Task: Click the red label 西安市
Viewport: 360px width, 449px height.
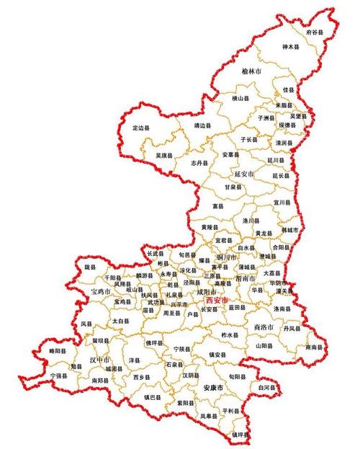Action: coord(216,300)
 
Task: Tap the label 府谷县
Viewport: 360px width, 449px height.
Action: coord(315,32)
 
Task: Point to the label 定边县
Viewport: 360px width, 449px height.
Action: coord(142,128)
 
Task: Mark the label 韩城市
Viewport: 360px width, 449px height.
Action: coord(289,230)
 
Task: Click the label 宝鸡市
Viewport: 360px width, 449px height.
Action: coord(101,291)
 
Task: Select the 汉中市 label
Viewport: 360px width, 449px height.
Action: coord(100,359)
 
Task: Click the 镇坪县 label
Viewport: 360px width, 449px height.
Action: coord(240,435)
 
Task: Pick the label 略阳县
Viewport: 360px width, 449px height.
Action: coord(57,351)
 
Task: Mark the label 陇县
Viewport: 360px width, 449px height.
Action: coord(90,267)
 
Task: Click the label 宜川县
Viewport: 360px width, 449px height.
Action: coord(282,203)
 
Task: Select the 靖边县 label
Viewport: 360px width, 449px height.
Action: coord(203,125)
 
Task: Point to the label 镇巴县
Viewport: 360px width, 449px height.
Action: coord(153,396)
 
